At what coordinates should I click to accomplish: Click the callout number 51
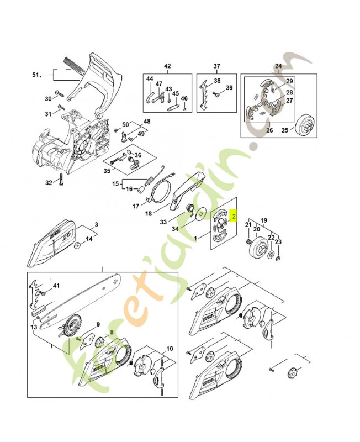36,75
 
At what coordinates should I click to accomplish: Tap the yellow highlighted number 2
234,217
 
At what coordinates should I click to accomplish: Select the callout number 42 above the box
167,66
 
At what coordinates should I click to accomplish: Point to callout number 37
217,66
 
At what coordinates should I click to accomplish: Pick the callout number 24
278,66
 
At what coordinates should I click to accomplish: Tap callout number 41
55,286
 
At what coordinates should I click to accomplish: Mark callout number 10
169,349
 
